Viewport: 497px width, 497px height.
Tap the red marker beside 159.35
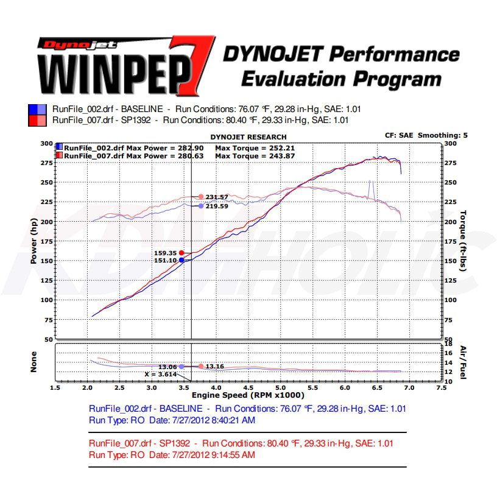coord(182,252)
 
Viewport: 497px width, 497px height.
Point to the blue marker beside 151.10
coord(182,260)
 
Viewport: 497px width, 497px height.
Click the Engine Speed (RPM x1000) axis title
coord(248,395)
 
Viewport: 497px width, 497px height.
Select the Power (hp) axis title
coord(34,241)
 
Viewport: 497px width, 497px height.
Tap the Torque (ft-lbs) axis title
coord(464,241)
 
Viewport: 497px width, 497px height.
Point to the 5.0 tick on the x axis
coord(280,387)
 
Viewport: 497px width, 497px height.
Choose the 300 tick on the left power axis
coord(46,144)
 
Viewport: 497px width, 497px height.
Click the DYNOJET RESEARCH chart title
coord(248,137)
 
